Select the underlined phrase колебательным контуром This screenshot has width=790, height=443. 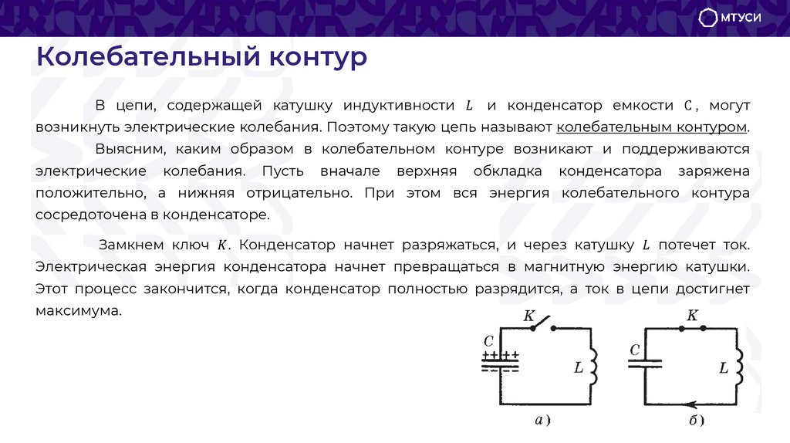coord(652,127)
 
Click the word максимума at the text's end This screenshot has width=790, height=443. coord(79,311)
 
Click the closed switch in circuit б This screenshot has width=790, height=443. coord(692,328)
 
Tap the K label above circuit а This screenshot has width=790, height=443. coord(529,315)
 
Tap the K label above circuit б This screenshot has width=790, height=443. coord(692,315)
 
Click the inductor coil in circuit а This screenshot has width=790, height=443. coord(595,367)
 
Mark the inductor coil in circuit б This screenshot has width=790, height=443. coord(739,367)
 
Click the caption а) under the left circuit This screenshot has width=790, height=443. coord(542,421)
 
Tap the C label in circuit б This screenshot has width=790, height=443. coord(635,350)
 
